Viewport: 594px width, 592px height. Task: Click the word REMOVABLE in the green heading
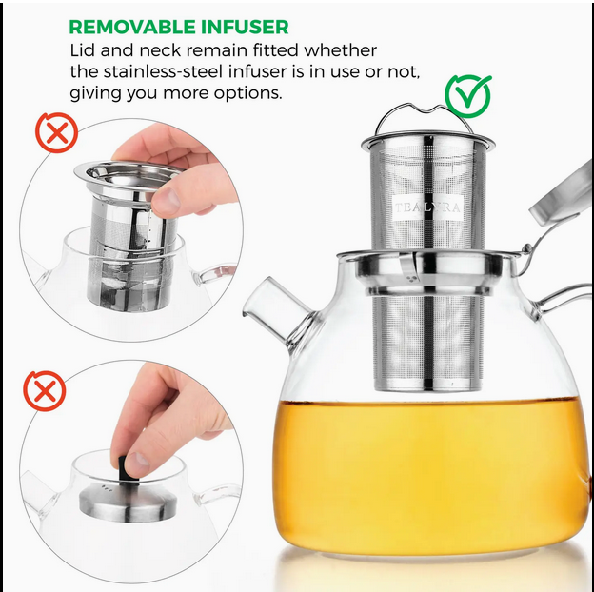(131, 27)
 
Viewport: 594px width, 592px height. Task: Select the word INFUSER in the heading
(245, 27)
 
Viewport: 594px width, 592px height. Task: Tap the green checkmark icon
(467, 96)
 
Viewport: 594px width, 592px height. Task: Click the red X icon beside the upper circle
(57, 132)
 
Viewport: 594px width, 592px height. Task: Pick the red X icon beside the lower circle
(45, 391)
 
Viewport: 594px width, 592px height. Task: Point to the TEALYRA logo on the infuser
(427, 207)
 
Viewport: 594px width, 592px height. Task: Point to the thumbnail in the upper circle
(166, 201)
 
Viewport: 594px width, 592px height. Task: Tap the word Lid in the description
(83, 50)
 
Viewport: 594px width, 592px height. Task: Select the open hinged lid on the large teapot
(561, 197)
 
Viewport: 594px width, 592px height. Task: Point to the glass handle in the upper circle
(214, 273)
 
